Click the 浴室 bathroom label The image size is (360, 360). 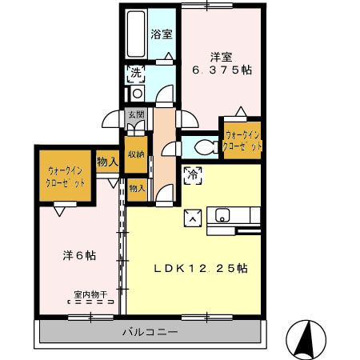tap(162, 34)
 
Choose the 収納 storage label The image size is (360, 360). tap(136, 154)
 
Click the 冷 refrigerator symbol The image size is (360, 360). tap(192, 176)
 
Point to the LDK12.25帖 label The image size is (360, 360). tap(200, 269)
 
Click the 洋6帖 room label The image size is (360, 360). tap(79, 256)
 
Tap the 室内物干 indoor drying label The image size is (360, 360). tap(90, 294)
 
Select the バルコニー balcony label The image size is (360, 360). tap(150, 331)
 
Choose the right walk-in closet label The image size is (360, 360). tap(243, 141)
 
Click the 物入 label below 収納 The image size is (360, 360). tap(137, 188)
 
